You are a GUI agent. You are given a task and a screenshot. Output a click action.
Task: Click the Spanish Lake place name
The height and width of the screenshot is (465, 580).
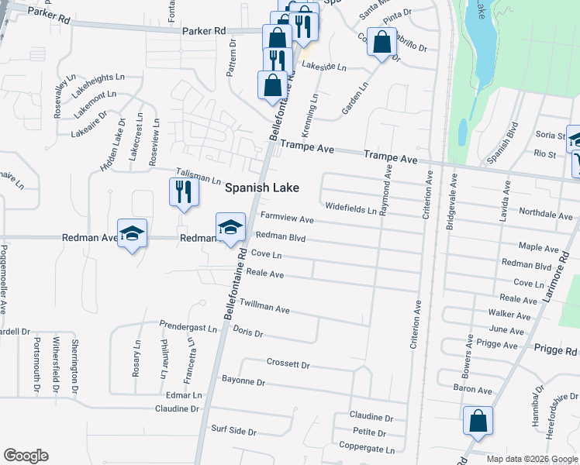point(261,188)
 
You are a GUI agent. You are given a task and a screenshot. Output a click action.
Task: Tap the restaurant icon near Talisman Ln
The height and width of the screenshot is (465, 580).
point(182,191)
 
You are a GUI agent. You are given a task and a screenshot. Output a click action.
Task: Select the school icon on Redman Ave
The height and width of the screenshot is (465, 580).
point(133,233)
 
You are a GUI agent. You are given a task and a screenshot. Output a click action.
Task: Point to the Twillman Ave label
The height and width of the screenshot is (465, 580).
point(264,307)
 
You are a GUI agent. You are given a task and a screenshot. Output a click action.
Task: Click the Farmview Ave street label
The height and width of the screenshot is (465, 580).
point(286,219)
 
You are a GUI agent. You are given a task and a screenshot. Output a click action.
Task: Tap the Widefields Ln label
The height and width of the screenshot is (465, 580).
point(350,208)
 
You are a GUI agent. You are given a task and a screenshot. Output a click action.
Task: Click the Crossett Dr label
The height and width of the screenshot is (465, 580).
point(288,363)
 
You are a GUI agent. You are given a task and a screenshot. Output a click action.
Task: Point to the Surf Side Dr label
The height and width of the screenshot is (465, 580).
point(233,429)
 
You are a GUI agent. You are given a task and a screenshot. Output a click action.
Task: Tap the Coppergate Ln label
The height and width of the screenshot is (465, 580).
point(367,447)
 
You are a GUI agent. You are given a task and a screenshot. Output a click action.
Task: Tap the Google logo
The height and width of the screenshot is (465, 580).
point(26,456)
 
